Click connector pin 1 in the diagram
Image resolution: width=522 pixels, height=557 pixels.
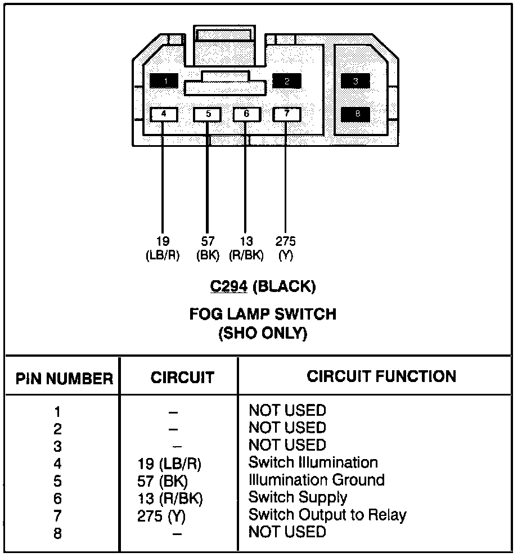(x=164, y=81)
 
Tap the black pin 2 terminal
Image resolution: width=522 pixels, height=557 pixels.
(x=287, y=81)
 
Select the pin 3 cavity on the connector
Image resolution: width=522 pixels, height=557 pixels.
(x=355, y=81)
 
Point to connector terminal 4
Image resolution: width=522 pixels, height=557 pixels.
(x=164, y=114)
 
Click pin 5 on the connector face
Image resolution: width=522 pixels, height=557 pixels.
(x=208, y=114)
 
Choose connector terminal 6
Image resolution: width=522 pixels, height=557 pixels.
(x=246, y=114)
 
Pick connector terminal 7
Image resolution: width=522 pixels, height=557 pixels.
(x=286, y=114)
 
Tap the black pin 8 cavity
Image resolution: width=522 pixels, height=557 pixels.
(x=355, y=114)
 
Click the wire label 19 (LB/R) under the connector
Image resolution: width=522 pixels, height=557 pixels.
(x=163, y=248)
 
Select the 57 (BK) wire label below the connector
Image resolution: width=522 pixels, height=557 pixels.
(x=208, y=248)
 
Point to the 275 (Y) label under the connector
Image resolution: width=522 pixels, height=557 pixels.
(x=286, y=248)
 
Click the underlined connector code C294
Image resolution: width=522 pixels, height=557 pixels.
(x=229, y=287)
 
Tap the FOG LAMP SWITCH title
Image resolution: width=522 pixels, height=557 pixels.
(x=263, y=314)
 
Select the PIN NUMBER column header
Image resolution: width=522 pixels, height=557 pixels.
(x=64, y=379)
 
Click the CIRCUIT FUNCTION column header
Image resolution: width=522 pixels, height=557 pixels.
(x=381, y=376)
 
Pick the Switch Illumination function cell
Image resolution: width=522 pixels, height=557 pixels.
(x=313, y=462)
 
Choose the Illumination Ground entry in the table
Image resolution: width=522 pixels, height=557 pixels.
(x=317, y=480)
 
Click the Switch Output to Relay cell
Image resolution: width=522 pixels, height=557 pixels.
(x=327, y=515)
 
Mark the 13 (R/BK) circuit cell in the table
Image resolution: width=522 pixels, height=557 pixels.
(x=170, y=498)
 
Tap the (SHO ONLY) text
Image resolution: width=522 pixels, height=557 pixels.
(x=263, y=334)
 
